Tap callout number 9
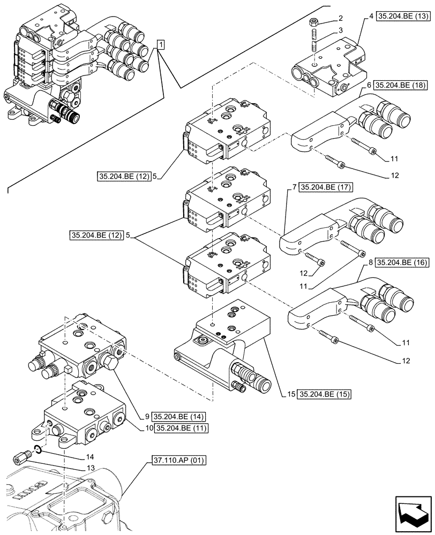click(147, 416)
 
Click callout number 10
click(147, 427)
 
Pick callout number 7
click(295, 187)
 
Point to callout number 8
click(370, 262)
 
